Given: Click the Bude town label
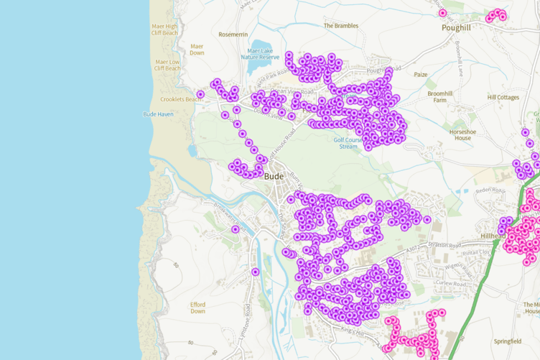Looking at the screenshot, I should pos(274,176).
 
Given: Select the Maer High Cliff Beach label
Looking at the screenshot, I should pos(164,29).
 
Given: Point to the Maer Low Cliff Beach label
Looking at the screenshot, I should pos(167,65).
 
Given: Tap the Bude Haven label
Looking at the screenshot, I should pos(158,114).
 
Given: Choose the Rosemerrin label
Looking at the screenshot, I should pos(233,34).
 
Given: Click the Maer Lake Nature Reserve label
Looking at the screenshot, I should pos(264,54).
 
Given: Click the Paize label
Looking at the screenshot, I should pos(420,74).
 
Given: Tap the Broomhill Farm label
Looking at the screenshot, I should pos(440,96).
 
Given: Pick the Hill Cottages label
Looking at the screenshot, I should pos(503,97).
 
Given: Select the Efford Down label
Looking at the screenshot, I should pos(197,308).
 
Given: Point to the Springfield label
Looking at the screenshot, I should pos(508,341).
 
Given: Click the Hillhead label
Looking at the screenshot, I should pos(493,236).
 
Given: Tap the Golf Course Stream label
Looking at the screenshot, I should pos(348,143).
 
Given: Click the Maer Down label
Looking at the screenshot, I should pos(197,49).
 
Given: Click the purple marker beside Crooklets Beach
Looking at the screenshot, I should pos(201,94).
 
